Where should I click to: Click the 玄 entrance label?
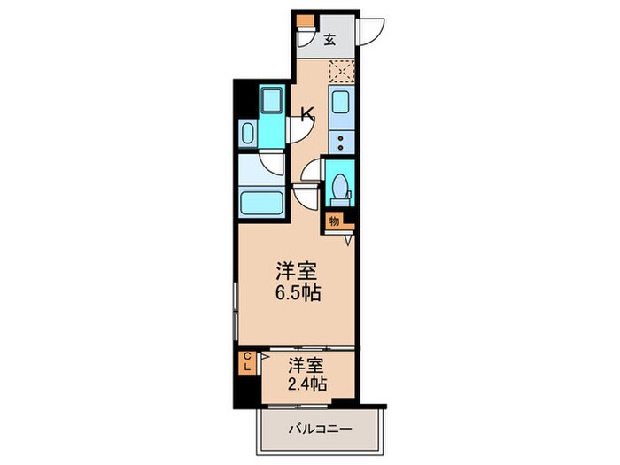[329, 39]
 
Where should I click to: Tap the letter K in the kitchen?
[306, 113]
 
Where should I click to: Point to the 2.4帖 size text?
[307, 384]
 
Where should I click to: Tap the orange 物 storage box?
[333, 222]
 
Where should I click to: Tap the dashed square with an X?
[341, 71]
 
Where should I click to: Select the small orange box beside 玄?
[305, 22]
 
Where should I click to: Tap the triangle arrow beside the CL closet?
[264, 359]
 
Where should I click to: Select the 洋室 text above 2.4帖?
[307, 364]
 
